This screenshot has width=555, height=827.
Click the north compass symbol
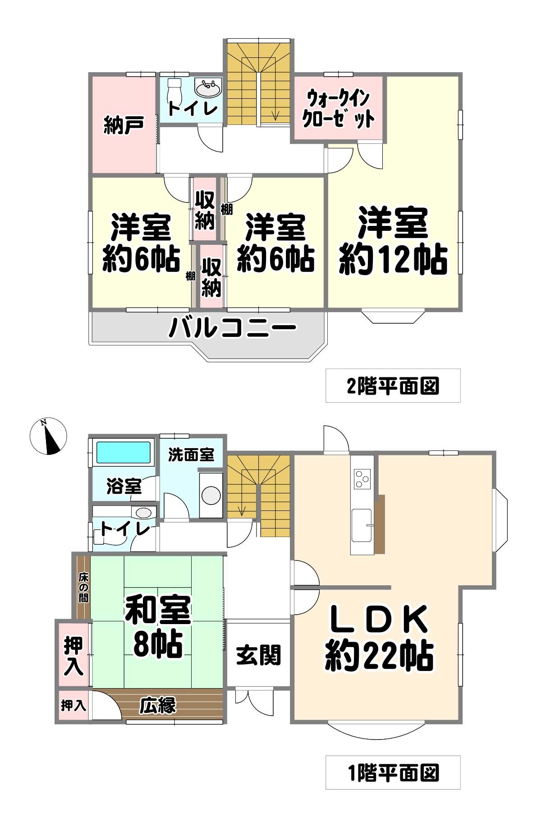point(48,436)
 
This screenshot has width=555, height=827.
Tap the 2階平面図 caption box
point(393,386)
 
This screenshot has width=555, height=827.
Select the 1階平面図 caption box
point(393,772)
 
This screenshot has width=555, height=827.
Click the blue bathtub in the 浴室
point(124,452)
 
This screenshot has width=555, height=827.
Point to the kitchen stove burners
point(362,478)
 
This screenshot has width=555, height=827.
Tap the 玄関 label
point(258,655)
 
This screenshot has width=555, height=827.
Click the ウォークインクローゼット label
point(338,108)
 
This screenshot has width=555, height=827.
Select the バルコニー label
point(232,328)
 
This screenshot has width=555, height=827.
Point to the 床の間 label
point(83,587)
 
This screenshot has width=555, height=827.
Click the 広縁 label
point(157,705)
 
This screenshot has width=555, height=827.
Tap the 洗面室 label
point(191,455)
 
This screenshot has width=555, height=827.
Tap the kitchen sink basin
point(362,525)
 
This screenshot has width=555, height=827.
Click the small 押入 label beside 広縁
point(73,705)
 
